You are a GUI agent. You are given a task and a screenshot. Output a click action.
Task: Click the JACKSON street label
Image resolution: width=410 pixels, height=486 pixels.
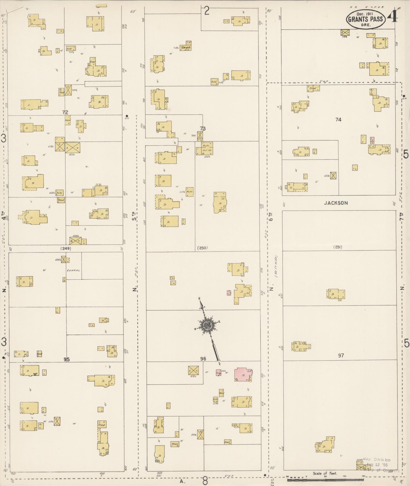coord(336,203)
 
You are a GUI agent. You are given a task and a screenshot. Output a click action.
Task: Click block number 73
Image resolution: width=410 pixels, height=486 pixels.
coord(203,129)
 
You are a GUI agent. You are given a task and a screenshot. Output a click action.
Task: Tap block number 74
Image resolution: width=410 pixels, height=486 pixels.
coord(338,120)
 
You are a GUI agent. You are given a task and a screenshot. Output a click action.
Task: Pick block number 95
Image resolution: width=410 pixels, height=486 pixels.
coord(67,359)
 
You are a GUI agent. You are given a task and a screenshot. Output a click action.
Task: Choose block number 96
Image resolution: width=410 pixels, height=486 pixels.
coord(203,359)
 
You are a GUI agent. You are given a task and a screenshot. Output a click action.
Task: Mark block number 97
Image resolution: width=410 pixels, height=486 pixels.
coord(341,355)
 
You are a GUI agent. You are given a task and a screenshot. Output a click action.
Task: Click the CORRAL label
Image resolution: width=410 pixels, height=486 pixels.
coord(73,270)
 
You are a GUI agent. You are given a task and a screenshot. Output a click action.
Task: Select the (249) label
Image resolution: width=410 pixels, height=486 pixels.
coord(66,248)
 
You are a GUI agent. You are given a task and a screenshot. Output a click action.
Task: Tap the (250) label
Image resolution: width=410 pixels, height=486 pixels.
coord(202,248)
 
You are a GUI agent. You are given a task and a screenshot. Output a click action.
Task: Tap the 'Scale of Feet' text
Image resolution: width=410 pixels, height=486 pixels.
coord(325,473)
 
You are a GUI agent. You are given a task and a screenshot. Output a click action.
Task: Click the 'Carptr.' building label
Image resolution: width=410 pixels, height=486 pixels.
coord(185,48)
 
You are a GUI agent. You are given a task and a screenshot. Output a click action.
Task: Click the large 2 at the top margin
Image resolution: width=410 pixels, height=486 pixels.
coord(207,11)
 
